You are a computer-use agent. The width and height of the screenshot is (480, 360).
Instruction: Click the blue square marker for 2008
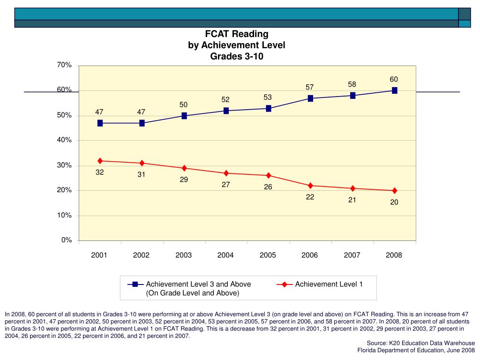(x=395, y=90)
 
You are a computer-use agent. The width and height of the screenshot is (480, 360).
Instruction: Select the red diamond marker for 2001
(x=100, y=161)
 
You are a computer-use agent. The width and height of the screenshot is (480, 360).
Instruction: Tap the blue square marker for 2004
(x=226, y=111)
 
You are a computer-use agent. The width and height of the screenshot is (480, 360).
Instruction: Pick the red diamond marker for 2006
(x=310, y=186)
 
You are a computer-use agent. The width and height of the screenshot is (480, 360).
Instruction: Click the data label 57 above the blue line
(x=310, y=87)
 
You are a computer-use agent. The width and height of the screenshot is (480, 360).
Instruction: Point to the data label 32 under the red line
(x=100, y=172)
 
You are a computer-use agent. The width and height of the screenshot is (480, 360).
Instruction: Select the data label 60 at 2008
(x=394, y=79)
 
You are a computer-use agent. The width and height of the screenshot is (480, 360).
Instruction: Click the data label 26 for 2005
(x=268, y=187)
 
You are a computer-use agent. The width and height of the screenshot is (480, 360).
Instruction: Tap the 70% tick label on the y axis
(x=64, y=65)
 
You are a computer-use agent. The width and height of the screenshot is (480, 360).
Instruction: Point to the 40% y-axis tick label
(x=64, y=140)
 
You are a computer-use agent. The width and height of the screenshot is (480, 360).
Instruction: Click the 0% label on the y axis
(x=66, y=240)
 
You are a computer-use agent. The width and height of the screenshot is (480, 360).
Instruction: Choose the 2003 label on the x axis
(x=184, y=255)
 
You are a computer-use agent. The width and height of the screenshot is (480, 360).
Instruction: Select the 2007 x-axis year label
(x=352, y=255)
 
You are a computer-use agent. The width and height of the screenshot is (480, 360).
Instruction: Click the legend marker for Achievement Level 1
(x=284, y=285)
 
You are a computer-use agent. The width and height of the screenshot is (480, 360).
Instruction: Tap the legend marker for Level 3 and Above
(x=135, y=285)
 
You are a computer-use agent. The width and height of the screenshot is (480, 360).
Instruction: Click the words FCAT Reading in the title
(x=237, y=34)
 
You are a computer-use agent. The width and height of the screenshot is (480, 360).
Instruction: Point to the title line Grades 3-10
(x=237, y=57)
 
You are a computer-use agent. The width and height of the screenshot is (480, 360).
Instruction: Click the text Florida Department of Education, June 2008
(x=416, y=350)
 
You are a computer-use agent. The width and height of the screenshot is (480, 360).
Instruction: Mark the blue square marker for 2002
(x=142, y=123)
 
